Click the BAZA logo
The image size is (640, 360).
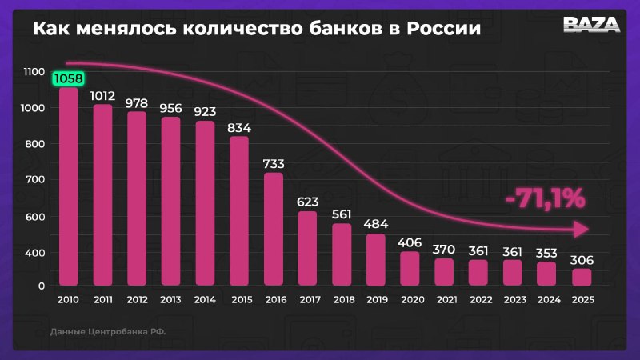(592, 25)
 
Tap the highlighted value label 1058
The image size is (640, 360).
(69, 78)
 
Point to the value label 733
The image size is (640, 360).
(274, 164)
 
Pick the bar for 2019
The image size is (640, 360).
(376, 259)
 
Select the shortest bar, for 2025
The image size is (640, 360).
(582, 277)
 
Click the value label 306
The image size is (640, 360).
(582, 260)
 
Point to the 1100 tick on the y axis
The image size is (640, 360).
(34, 72)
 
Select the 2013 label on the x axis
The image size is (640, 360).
(171, 300)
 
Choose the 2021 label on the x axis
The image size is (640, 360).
(445, 300)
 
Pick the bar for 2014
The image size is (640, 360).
(206, 203)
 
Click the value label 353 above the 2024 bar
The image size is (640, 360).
(547, 252)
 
